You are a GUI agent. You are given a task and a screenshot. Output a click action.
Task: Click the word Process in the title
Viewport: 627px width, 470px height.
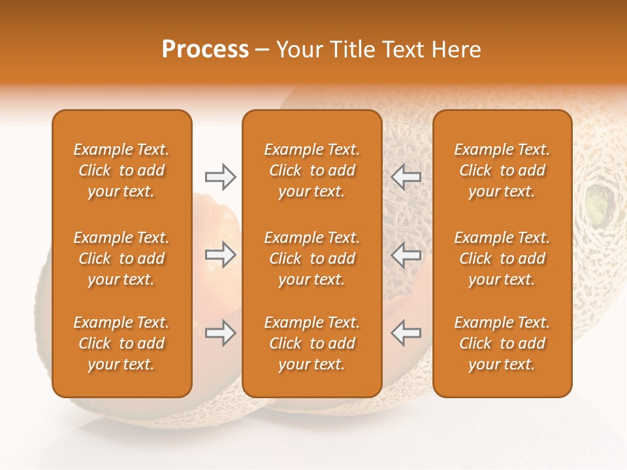[205, 50]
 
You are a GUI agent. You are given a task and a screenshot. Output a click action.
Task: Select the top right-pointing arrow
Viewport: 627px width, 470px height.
[220, 177]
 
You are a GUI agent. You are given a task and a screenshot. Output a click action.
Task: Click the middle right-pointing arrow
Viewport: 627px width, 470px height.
[220, 255]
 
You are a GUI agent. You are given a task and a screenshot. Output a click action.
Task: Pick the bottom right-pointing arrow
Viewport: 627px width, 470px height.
[220, 333]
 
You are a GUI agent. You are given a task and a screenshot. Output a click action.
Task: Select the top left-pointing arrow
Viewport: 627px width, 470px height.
[406, 177]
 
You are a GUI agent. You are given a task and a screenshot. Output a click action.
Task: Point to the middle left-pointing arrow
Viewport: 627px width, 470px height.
[406, 255]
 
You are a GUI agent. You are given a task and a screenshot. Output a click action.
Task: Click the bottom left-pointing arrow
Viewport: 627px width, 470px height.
[406, 333]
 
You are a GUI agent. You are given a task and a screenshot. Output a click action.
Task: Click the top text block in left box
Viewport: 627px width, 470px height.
[121, 170]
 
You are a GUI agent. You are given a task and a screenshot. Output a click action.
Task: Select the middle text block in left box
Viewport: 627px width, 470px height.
[121, 258]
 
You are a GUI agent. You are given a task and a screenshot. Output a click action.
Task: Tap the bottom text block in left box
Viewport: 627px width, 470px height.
[121, 343]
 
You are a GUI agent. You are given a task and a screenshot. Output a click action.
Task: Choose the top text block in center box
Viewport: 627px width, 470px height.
[312, 170]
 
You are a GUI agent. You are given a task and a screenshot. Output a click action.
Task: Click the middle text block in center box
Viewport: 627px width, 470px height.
[312, 258]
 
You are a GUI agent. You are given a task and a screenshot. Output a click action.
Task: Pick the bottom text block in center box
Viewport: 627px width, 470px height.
[312, 343]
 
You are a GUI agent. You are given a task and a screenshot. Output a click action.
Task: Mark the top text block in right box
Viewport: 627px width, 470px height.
[502, 170]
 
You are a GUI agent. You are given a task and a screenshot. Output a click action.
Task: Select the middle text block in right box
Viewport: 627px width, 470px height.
[502, 258]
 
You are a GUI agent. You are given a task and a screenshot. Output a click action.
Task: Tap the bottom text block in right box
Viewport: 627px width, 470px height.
[502, 343]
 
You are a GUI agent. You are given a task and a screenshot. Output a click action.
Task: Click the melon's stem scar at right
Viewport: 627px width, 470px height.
[599, 204]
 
